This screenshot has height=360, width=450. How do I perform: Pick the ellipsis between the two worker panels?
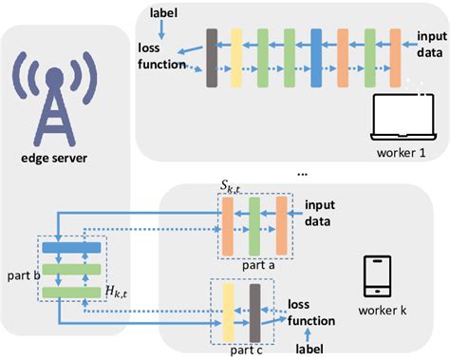[302, 173]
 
